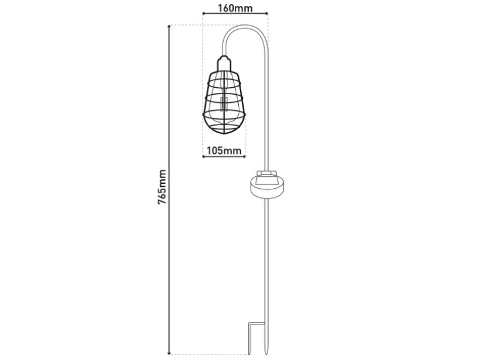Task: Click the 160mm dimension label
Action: coord(235,7)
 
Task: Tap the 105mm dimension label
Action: coord(224,151)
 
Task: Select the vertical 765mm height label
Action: coord(161,187)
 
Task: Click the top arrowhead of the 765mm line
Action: coord(169,27)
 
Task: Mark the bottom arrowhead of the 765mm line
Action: coord(169,353)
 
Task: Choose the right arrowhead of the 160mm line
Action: coord(266,13)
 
